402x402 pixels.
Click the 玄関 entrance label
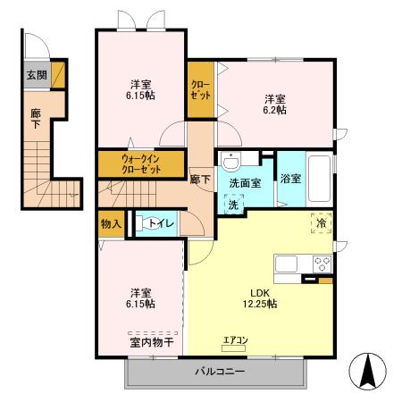pyautogui.click(x=36, y=75)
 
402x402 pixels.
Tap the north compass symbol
pyautogui.click(x=369, y=367)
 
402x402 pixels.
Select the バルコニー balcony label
pyautogui.click(x=219, y=371)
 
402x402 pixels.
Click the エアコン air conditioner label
pyautogui.click(x=236, y=339)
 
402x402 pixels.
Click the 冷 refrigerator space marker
pyautogui.click(x=320, y=223)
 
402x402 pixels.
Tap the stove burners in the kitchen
pyautogui.click(x=322, y=264)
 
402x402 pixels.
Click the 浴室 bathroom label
pyautogui.click(x=290, y=179)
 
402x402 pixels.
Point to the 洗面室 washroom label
pyautogui.click(x=245, y=183)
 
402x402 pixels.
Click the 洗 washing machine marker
pyautogui.click(x=232, y=204)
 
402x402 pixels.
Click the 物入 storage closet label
pyautogui.click(x=111, y=223)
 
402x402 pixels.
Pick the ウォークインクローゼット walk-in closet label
pyautogui.click(x=130, y=164)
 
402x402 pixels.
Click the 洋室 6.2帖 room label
pyautogui.click(x=274, y=104)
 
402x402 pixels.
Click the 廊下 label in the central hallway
pyautogui.click(x=201, y=179)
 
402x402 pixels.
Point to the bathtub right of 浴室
pyautogui.click(x=319, y=177)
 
